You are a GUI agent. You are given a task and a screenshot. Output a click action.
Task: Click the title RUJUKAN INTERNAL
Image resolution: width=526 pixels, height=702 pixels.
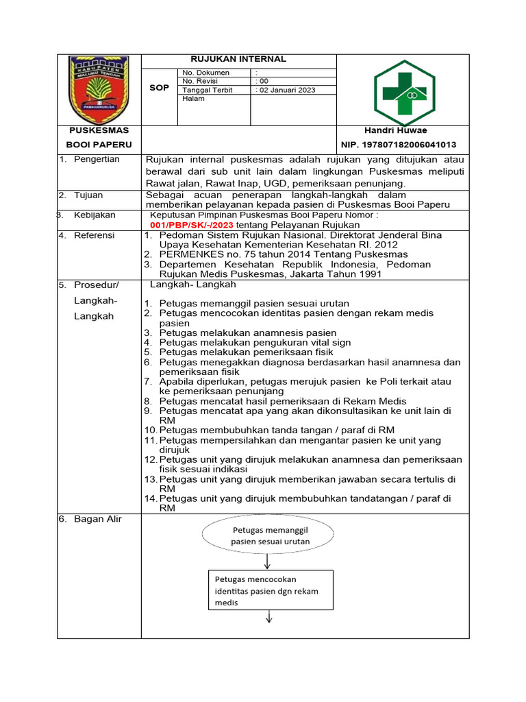coord(238,60)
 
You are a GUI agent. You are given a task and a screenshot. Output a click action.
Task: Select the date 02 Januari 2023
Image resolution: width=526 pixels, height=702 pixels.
coord(286,90)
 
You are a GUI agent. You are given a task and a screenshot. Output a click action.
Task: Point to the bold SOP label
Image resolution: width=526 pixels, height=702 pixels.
coord(159,88)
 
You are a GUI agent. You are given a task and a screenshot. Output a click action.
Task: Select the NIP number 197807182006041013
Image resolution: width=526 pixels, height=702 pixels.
coord(399,145)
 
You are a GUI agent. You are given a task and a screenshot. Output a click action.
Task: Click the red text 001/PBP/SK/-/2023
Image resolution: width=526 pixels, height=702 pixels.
coord(192,224)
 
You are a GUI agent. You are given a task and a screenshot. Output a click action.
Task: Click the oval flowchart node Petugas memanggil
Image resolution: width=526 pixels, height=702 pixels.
coord(270,535)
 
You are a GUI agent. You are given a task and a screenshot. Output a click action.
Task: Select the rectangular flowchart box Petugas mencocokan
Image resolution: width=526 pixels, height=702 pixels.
coord(269,590)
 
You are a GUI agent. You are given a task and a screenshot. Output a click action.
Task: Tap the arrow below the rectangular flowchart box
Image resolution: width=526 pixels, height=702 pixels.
coord(269,617)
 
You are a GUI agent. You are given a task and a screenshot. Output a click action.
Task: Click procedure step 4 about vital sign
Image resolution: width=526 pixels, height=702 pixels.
coord(254,342)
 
